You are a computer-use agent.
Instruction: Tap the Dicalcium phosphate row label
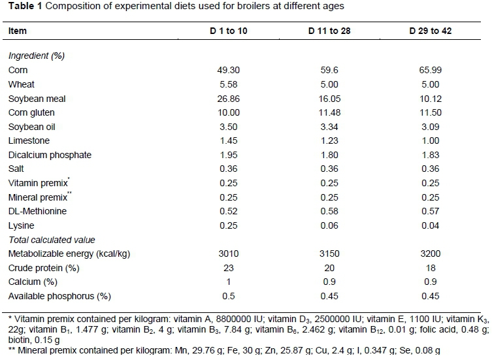coord(50,155)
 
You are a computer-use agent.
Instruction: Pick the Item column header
coord(18,31)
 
